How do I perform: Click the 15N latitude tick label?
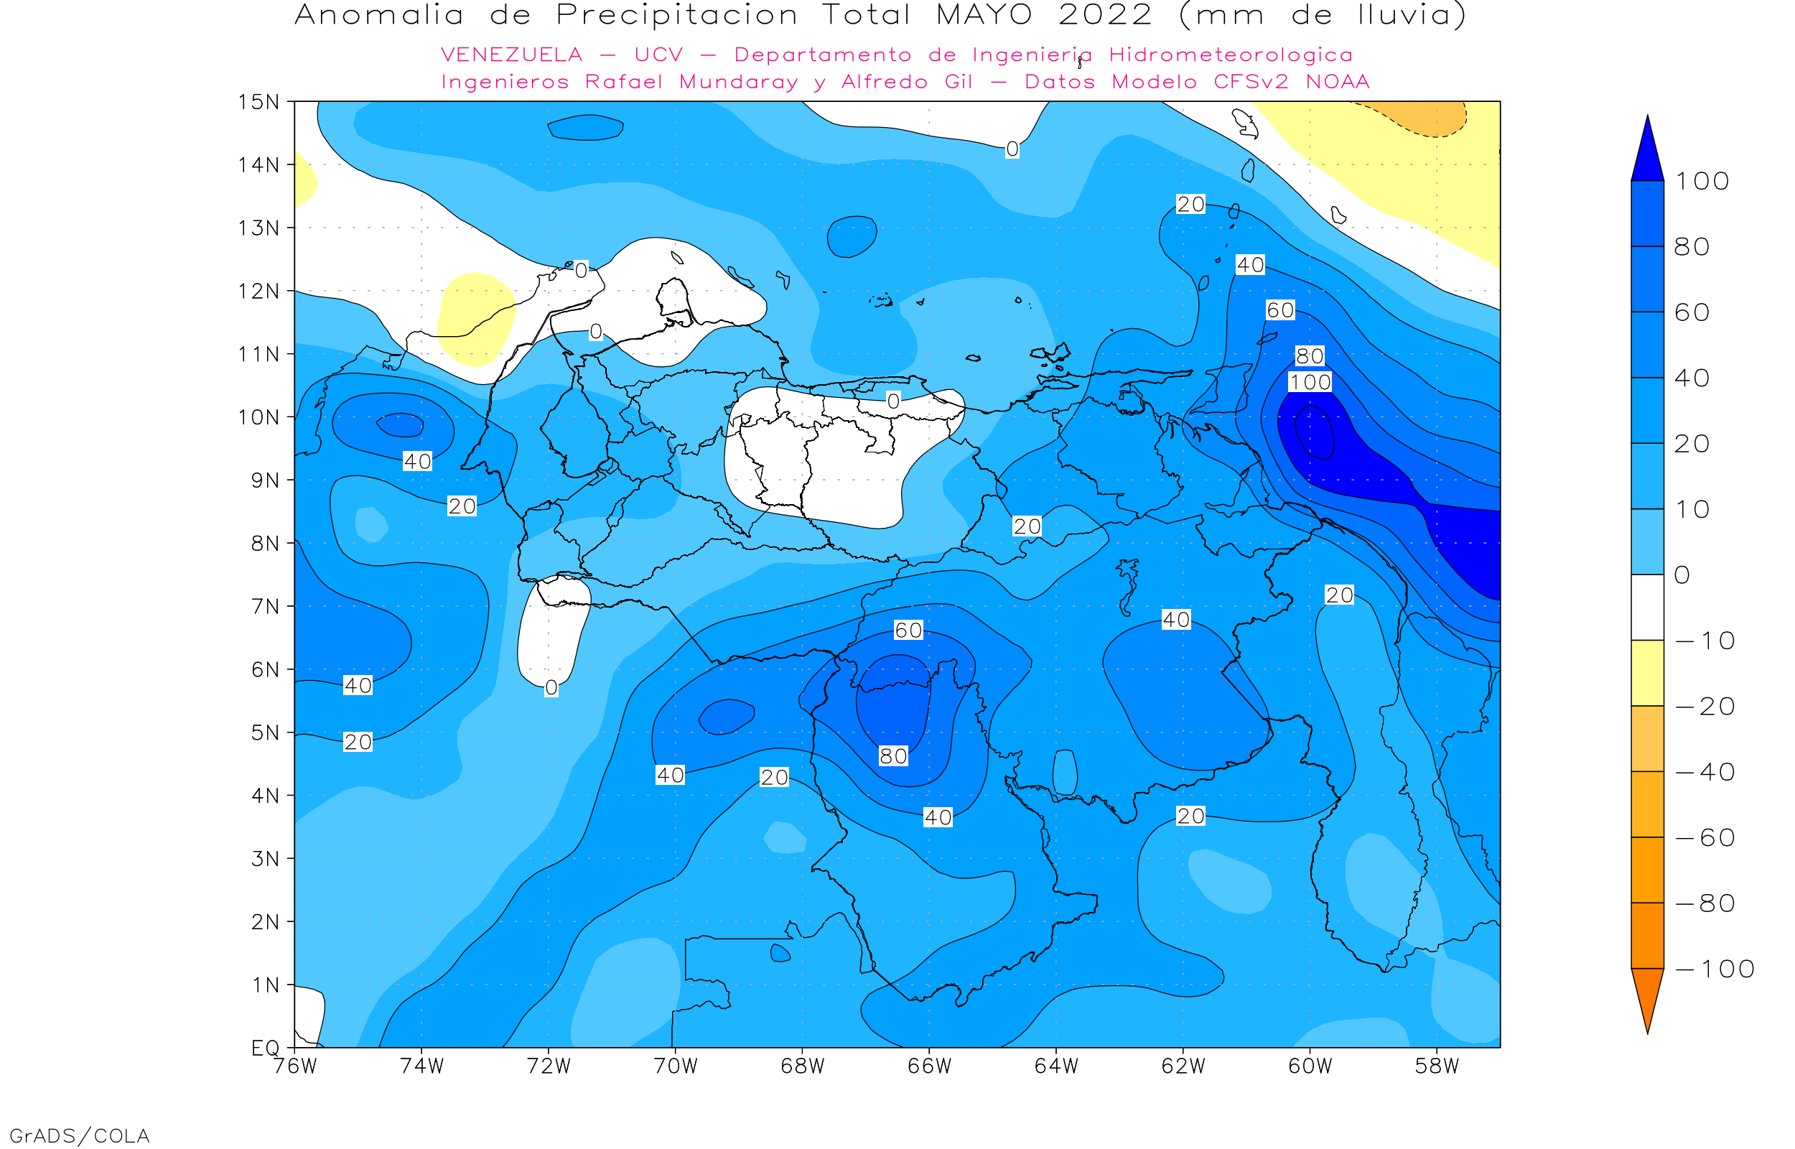258,101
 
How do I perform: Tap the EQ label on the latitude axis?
265,1048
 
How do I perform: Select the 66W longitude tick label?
929,1066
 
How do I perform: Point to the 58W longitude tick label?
1436,1066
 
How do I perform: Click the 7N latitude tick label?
265,607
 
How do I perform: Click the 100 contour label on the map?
1310,383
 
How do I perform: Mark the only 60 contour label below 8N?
908,631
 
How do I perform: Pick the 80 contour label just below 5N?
893,757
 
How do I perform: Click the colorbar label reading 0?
1682,575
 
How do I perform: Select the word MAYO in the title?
984,15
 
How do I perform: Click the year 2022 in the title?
1105,15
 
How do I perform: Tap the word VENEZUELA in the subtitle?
512,55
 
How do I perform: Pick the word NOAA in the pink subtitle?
1338,82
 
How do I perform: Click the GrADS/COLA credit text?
79,1135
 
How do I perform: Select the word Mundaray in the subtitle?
738,82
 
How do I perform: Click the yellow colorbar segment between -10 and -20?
1647,673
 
